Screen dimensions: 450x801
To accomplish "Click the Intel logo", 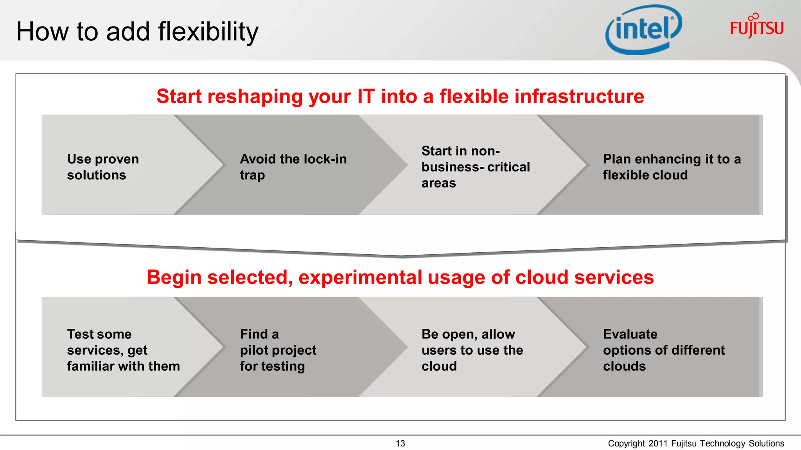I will [x=643, y=30].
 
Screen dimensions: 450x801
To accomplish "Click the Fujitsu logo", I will [x=756, y=27].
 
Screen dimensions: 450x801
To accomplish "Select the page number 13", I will [x=400, y=443].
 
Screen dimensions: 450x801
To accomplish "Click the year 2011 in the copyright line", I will [x=658, y=443].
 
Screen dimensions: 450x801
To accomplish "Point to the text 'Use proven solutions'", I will [x=103, y=167].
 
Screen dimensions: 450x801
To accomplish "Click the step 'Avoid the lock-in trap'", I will [x=293, y=167].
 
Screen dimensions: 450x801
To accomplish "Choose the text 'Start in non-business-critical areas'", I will [x=475, y=167].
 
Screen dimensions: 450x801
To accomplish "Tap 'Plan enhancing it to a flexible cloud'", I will [x=672, y=167].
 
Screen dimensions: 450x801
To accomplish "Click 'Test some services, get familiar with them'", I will [x=123, y=350].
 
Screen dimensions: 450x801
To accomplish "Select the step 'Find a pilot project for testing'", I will [x=278, y=350].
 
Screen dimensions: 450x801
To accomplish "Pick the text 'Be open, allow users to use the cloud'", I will [x=472, y=350].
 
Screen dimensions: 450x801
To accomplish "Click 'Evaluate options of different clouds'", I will [x=664, y=350].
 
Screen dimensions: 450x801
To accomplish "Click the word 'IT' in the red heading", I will [x=366, y=96].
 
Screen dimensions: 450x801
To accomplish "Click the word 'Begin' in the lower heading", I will [x=174, y=278].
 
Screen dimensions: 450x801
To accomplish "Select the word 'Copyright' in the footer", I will [x=626, y=443].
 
